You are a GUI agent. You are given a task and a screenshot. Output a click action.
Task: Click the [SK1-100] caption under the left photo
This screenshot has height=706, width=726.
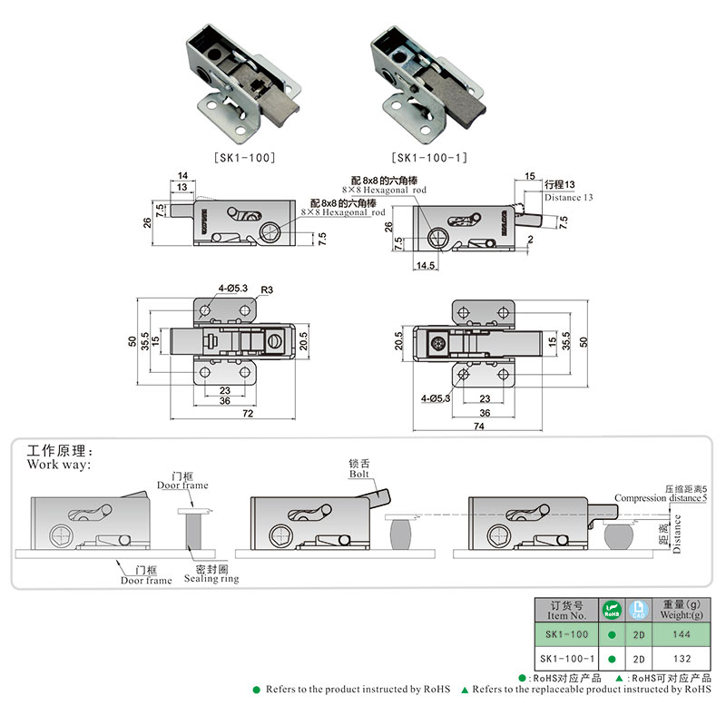[245, 157]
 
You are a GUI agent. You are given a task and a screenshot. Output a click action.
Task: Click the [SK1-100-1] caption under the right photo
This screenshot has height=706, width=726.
[429, 157]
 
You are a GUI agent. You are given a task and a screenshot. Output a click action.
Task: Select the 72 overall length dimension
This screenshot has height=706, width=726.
[247, 412]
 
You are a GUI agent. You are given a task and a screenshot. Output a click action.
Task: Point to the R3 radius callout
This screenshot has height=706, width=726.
[267, 289]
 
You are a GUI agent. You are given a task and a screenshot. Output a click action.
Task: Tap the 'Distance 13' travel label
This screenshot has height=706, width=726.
[569, 197]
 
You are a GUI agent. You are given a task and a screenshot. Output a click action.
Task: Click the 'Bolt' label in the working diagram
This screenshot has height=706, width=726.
[359, 473]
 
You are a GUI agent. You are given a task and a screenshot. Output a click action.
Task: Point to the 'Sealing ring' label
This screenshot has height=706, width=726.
[211, 578]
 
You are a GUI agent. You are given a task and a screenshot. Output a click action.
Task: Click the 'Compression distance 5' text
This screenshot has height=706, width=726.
[660, 497]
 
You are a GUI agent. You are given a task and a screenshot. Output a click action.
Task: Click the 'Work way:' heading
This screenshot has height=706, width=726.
[59, 464]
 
